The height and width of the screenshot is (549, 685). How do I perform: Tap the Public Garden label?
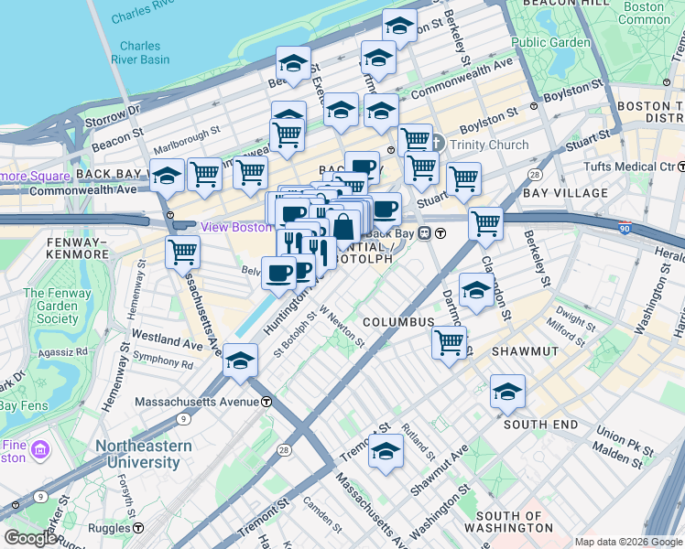click(550, 42)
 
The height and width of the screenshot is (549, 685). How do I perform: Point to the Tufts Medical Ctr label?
click(629, 167)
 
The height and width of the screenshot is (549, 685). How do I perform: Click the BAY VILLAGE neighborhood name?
click(565, 193)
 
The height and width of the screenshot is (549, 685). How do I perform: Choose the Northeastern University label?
click(145, 454)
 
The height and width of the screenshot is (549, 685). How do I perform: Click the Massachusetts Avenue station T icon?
click(266, 402)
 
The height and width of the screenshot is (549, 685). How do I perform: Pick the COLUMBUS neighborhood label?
click(397, 322)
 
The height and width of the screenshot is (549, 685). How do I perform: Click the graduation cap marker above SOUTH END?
click(507, 393)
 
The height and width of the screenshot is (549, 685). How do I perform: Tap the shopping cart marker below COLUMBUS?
click(449, 343)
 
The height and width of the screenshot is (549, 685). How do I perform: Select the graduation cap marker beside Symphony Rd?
click(241, 361)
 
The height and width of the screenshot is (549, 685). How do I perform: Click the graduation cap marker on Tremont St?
click(386, 451)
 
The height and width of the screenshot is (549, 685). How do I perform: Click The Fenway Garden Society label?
click(50, 306)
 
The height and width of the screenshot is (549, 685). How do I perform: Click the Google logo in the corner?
click(29, 538)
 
